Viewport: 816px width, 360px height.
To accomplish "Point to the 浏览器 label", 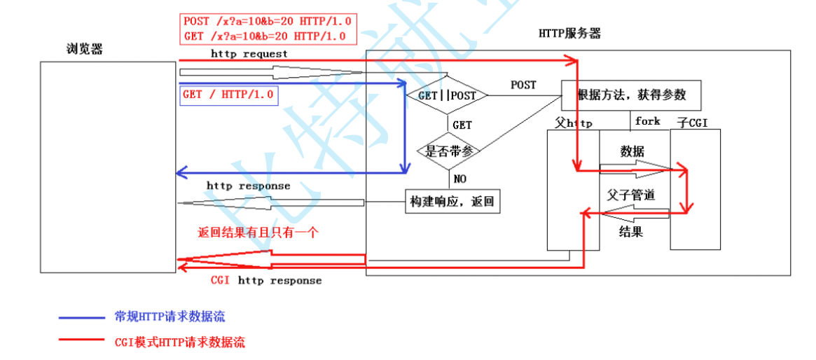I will click(x=85, y=50).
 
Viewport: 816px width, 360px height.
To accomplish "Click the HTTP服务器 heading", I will click(x=569, y=33).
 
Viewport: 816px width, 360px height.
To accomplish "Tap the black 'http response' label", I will click(x=248, y=186).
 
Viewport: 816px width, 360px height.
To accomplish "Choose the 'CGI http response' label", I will click(x=266, y=280).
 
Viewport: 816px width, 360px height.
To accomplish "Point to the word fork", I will click(x=647, y=121).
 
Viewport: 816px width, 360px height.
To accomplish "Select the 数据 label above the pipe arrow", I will click(x=632, y=151).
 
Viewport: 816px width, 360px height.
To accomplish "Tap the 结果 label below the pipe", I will click(x=631, y=231).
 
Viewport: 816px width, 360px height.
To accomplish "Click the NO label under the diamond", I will click(x=459, y=179).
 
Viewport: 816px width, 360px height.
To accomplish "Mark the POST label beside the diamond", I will click(x=523, y=85).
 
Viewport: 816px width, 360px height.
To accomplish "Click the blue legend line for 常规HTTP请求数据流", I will click(x=81, y=317).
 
